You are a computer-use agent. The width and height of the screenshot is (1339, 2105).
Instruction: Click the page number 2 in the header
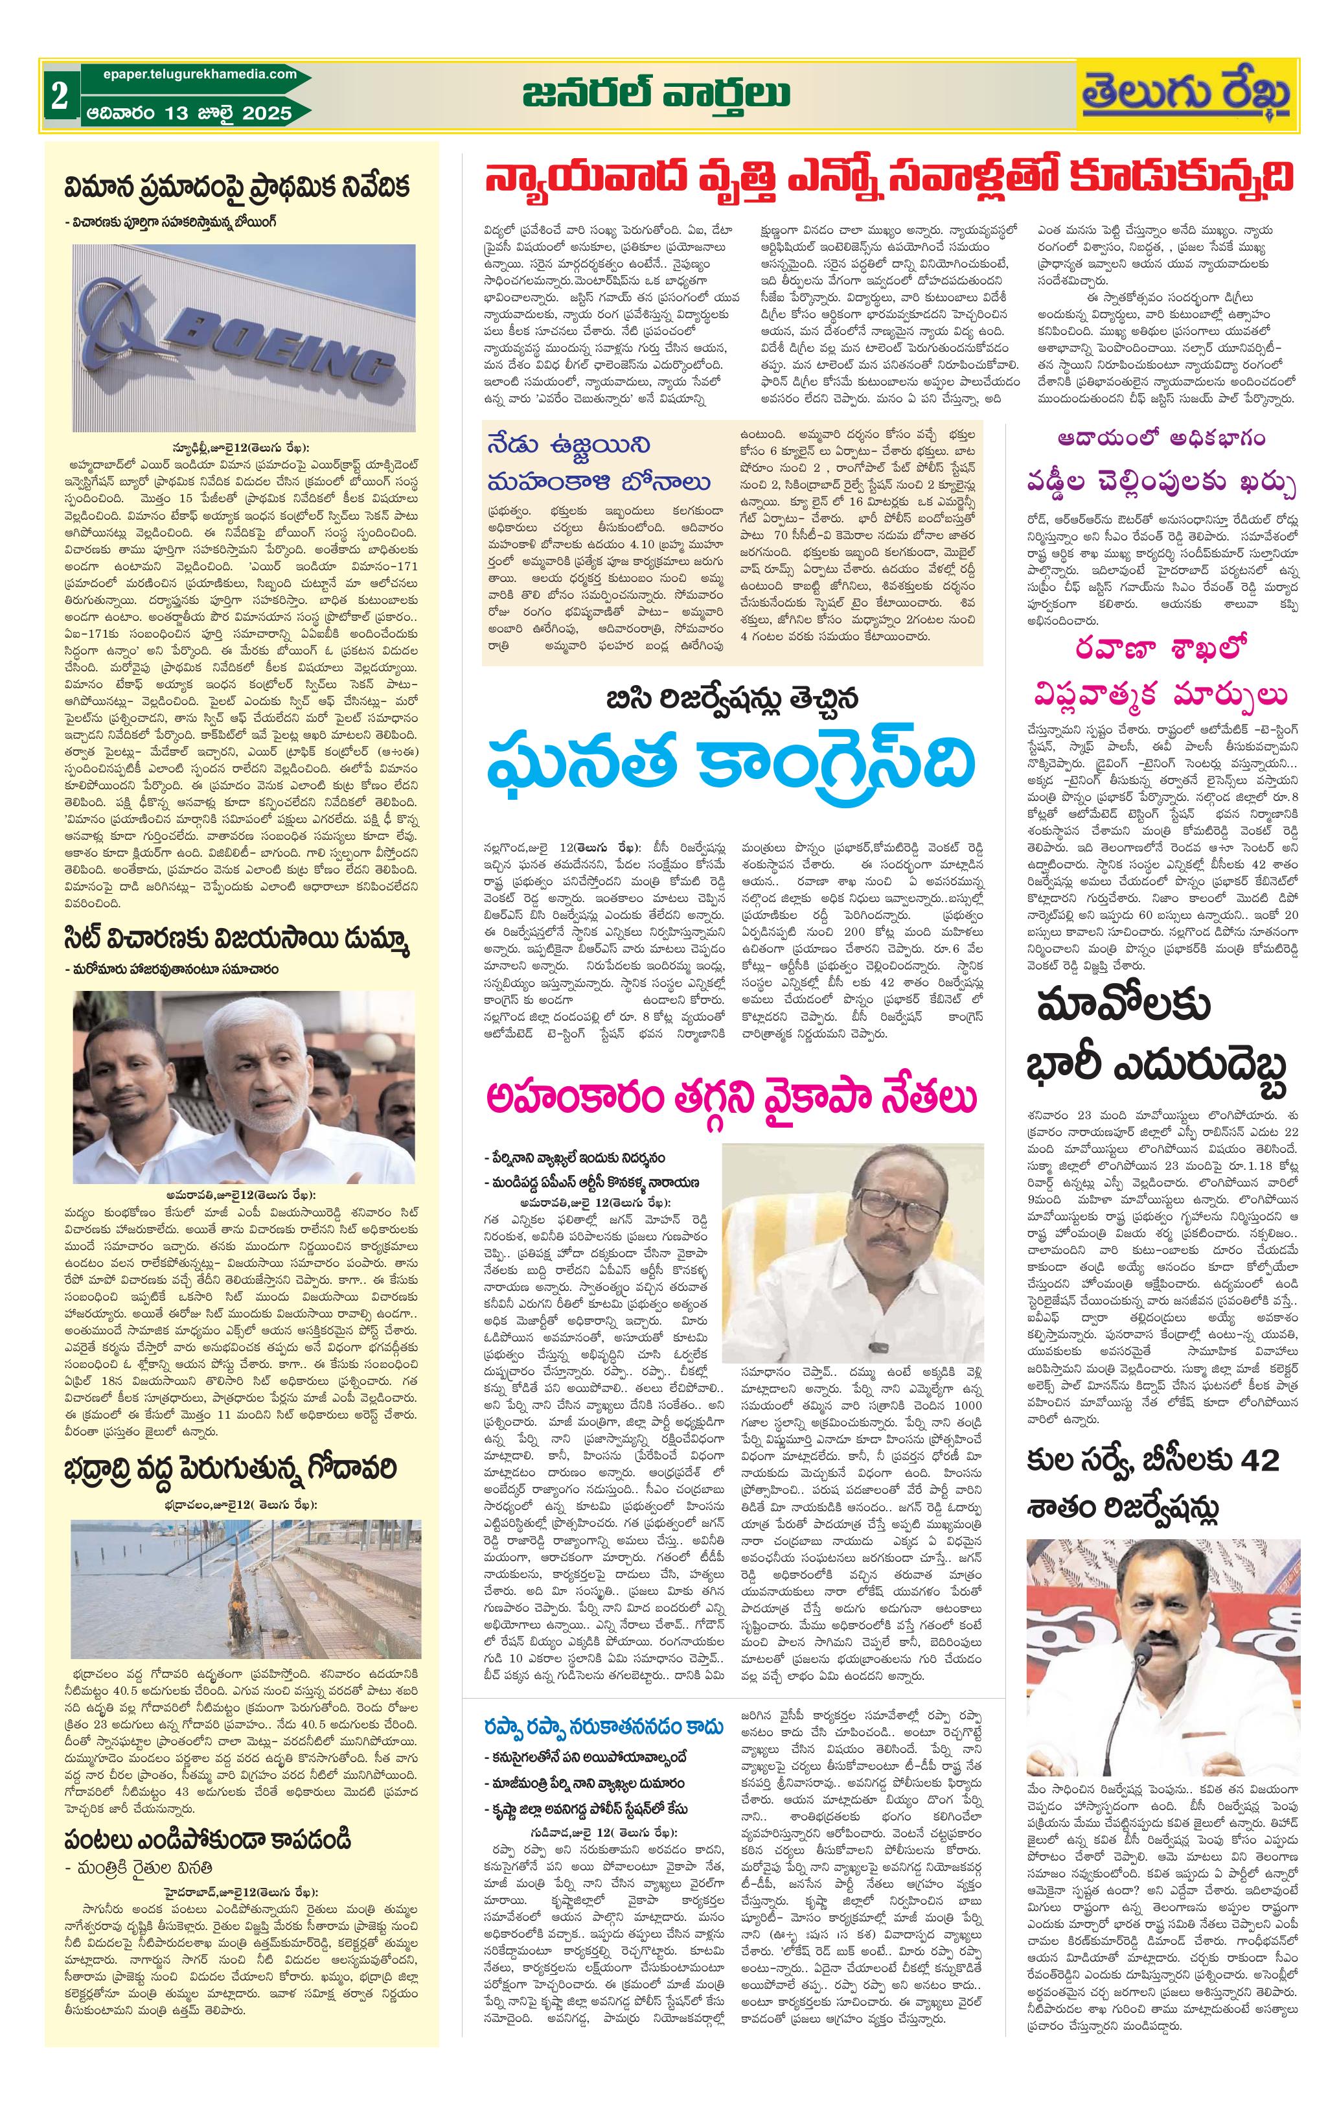pyautogui.click(x=60, y=96)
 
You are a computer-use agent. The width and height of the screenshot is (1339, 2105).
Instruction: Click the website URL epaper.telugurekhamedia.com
pyautogui.click(x=190, y=75)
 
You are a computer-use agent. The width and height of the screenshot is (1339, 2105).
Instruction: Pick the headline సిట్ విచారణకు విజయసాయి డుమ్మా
pyautogui.click(x=238, y=940)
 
